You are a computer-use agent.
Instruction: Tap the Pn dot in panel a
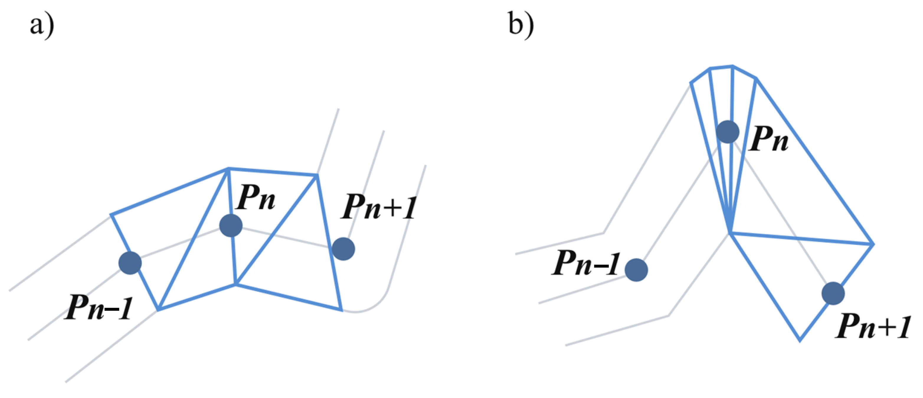click(x=231, y=225)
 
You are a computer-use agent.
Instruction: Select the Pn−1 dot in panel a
click(x=130, y=263)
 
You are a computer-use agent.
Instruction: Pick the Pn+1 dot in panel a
click(x=343, y=249)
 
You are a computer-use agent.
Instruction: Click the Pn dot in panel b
click(x=728, y=132)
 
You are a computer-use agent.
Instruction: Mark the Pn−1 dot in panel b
click(x=636, y=270)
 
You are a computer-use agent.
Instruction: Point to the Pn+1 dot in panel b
click(x=833, y=293)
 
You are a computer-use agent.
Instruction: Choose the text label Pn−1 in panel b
click(x=585, y=263)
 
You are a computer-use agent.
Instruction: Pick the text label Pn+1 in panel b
click(x=873, y=326)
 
